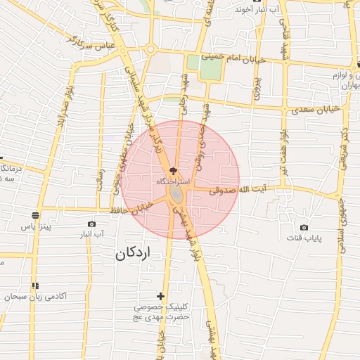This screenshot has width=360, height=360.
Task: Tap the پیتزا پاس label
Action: point(36,227)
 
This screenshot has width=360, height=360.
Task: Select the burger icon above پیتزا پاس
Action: point(35,214)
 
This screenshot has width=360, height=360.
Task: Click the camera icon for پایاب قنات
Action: point(304,227)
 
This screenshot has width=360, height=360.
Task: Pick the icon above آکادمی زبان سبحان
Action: point(34,285)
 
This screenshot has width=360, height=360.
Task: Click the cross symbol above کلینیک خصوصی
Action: point(161,296)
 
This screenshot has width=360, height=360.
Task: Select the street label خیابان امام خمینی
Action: point(233,58)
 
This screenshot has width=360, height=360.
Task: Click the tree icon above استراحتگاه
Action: point(173,171)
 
